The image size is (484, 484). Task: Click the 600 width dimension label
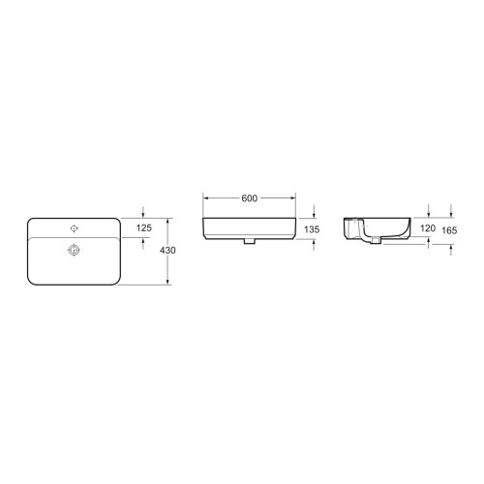point(249,198)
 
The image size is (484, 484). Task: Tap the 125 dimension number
point(143,227)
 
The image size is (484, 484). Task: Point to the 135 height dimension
point(312,230)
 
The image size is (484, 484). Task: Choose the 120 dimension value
point(430,230)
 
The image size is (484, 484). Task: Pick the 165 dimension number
point(449,230)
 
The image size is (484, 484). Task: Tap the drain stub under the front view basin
point(249,241)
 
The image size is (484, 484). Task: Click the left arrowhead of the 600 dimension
point(205,198)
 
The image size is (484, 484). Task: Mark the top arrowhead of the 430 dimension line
point(167,220)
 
